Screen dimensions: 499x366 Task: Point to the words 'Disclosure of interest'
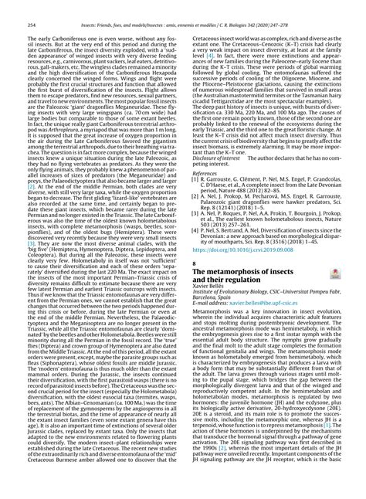point(211,179)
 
